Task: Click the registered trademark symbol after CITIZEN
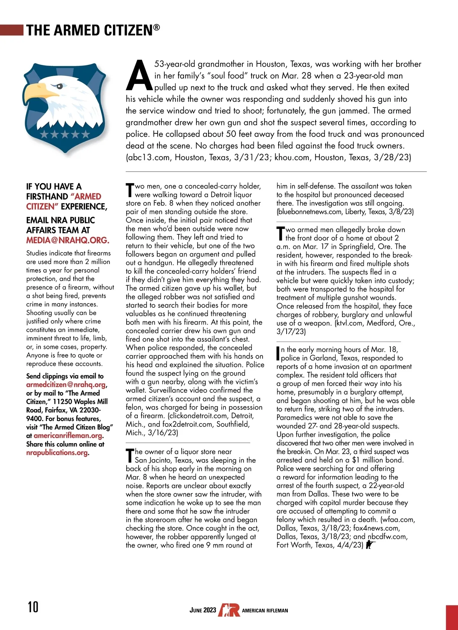156,27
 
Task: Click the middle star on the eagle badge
65,134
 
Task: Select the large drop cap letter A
139,76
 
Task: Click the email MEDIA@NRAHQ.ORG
68,240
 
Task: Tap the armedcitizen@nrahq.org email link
66,384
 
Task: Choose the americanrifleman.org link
68,436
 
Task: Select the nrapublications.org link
57,453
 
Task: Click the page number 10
33,606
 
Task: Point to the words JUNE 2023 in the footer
203,610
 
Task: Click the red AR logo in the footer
229,610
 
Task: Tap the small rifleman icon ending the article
370,545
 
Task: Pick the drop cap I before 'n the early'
278,353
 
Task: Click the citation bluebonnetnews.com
310,212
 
